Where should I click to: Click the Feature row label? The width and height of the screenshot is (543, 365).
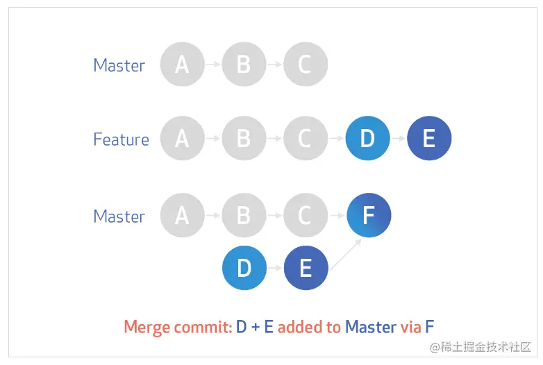[122, 139]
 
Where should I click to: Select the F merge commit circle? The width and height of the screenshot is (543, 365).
[369, 215]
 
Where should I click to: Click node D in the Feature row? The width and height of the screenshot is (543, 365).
[368, 138]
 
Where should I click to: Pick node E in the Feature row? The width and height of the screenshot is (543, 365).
[429, 138]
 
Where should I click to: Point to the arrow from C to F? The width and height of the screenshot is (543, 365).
[337, 216]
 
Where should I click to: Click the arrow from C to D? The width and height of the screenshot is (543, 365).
[336, 138]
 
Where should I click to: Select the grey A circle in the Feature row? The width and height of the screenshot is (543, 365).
[183, 138]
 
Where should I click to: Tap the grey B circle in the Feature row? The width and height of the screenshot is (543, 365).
[244, 138]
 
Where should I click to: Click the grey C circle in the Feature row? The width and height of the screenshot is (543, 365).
[306, 138]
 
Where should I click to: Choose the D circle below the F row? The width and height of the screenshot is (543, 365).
[244, 268]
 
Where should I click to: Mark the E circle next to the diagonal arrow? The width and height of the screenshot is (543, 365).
[306, 268]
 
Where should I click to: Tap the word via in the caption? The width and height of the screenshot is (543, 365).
[410, 327]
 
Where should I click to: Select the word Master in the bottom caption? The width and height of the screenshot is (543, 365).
[371, 327]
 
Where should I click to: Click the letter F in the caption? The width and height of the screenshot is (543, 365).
[429, 327]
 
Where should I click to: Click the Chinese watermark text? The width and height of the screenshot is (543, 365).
[481, 347]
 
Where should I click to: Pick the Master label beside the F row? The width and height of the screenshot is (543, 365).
[119, 217]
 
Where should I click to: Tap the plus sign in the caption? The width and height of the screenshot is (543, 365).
[256, 328]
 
